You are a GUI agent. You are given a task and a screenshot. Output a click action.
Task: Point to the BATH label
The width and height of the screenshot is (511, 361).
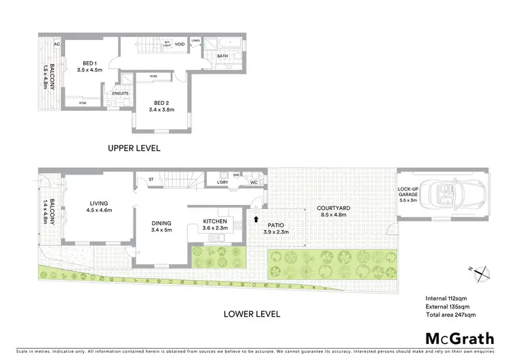[223, 56]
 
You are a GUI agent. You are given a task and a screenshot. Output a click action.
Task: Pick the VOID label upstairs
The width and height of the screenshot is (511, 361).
[180, 44]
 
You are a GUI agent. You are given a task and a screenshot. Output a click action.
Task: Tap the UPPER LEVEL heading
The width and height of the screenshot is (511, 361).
[134, 147]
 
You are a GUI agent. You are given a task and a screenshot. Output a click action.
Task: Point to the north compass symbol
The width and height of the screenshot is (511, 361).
[482, 272]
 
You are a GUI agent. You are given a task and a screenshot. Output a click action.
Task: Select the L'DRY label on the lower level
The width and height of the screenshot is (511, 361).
[222, 183]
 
